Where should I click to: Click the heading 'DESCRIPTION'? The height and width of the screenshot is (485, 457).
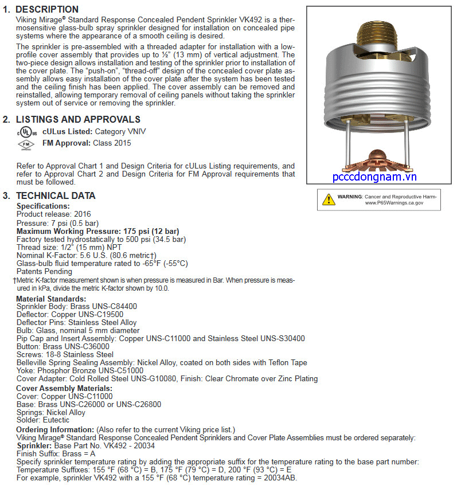47,9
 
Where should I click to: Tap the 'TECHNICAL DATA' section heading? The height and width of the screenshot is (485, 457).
56,195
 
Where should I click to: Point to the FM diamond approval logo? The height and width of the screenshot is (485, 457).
25,144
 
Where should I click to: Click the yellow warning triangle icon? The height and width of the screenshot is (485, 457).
329,200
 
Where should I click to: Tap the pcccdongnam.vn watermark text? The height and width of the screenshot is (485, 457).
374,178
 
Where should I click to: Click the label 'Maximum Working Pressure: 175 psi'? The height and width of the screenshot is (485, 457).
89,231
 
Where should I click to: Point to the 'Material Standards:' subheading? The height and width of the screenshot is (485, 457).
51,299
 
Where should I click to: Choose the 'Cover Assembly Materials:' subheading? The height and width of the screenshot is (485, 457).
64,389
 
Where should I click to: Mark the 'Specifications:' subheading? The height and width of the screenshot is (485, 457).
43,206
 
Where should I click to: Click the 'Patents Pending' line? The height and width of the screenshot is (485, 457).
44,271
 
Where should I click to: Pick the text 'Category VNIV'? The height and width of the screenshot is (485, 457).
120,131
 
